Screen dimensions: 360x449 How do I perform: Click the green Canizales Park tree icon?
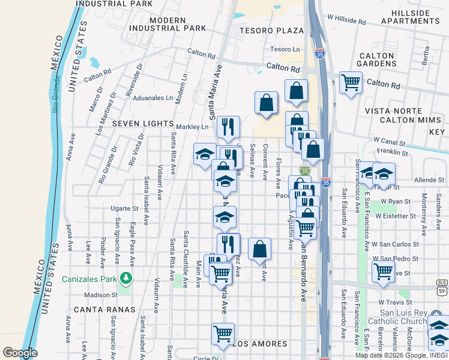tap(125, 277)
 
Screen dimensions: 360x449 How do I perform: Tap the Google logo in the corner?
tap(20, 353)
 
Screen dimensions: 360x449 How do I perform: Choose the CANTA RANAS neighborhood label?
tap(99, 310)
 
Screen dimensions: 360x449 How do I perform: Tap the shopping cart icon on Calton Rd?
tap(351, 82)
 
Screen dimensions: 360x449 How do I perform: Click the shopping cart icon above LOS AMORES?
tap(223, 333)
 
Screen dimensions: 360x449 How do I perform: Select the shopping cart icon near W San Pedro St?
tap(383, 271)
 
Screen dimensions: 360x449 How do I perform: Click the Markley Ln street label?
tap(192, 127)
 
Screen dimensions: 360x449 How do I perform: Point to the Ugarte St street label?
tap(124, 208)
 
